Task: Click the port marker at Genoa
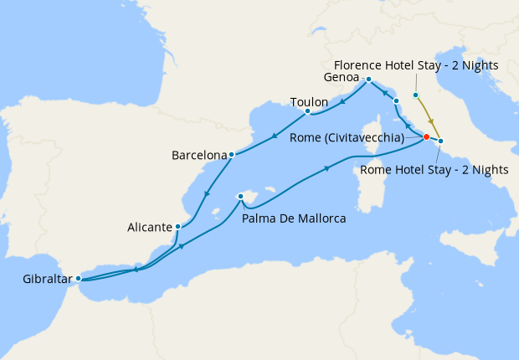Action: coord(367,79)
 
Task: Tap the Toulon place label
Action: coord(309,102)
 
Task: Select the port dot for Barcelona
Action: coord(231,154)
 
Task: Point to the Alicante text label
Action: coord(150,227)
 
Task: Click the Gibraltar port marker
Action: coord(78,278)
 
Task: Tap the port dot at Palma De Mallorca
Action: coord(240,196)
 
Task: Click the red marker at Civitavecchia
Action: coord(426,136)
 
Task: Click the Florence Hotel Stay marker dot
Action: coord(415,95)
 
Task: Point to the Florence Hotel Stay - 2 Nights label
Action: coord(416,65)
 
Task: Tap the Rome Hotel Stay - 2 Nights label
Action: coord(434,169)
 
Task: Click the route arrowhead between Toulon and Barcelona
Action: coord(275,136)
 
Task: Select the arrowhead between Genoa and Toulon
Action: coord(344,103)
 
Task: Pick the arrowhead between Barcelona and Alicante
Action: coord(205,195)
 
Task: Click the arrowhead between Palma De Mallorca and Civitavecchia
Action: coord(327,169)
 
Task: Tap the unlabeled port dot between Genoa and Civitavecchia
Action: coord(396,100)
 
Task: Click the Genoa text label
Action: coord(342,78)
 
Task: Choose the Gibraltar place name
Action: coord(39,278)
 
